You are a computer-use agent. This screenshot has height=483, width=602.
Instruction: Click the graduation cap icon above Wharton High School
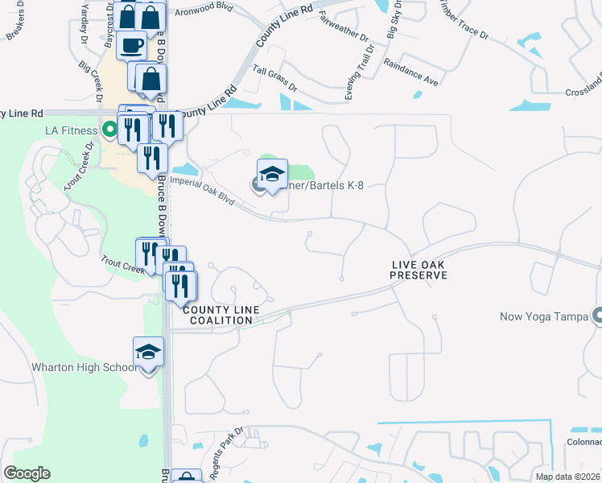pos(148,351)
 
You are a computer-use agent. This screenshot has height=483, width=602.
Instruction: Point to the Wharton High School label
pos(84,368)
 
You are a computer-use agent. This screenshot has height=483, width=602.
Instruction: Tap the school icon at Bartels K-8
pos(272,174)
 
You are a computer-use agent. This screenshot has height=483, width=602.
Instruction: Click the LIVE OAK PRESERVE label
pos(419,270)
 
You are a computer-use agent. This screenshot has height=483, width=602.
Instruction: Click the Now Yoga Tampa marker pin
pos(596,316)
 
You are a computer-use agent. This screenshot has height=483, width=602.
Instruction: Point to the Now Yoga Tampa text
pos(550,316)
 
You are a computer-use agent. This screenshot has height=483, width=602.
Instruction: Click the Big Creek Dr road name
pos(91,82)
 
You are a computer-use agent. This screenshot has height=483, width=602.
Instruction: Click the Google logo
pos(27,473)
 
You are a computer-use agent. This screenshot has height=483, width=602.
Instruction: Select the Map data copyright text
pos(568,477)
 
